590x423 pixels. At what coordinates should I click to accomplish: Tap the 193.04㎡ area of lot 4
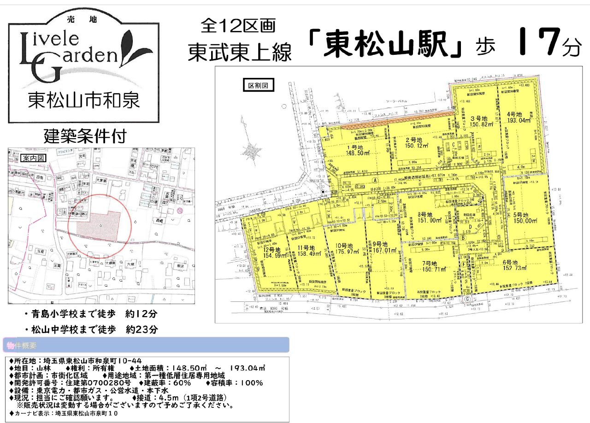point(519,121)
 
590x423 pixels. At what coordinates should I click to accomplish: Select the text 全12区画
point(238,26)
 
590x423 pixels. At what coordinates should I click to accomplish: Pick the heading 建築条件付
point(85,136)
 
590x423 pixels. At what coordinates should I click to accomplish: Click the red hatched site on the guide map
point(99,223)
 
